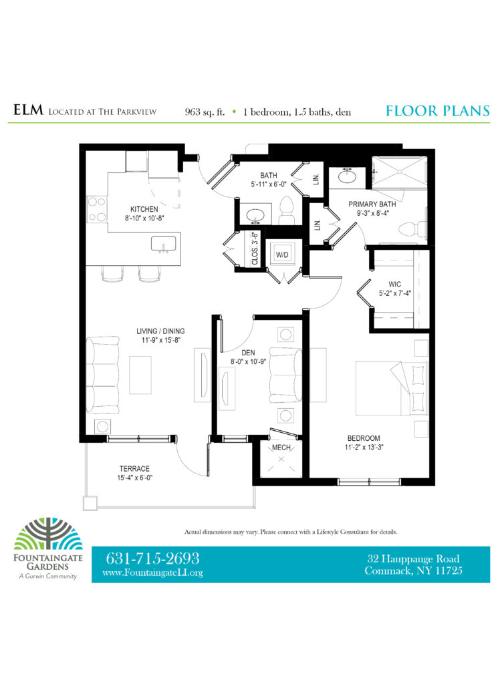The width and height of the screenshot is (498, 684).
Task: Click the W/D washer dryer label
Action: pos(282,254)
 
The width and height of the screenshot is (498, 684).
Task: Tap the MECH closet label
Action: pos(281,448)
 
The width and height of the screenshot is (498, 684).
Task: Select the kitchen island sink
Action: pos(164,244)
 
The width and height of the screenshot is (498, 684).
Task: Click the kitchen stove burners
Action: pos(97,209)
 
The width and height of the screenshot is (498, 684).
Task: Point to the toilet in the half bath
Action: pos(287,210)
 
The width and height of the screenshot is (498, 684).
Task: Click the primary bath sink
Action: pos(348,177)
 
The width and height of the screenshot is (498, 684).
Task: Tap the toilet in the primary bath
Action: pos(413,228)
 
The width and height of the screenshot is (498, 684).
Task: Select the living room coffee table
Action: pos(140,375)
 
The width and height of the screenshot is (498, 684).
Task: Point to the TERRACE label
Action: pos(134,468)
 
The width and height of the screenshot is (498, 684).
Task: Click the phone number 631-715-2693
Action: pos(152,558)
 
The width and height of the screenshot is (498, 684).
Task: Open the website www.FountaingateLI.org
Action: pos(153,572)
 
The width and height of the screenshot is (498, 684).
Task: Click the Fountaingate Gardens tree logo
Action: pos(48,534)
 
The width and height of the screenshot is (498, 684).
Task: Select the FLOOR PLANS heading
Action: pos(438,111)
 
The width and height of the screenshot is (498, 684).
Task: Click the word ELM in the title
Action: pos(28,110)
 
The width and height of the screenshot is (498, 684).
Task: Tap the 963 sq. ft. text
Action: pos(205,112)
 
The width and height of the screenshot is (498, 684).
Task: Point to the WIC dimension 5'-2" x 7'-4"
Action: pos(395,294)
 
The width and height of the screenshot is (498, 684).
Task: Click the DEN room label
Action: pos(249,353)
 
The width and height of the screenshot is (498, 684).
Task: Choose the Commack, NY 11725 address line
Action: pos(413,570)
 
